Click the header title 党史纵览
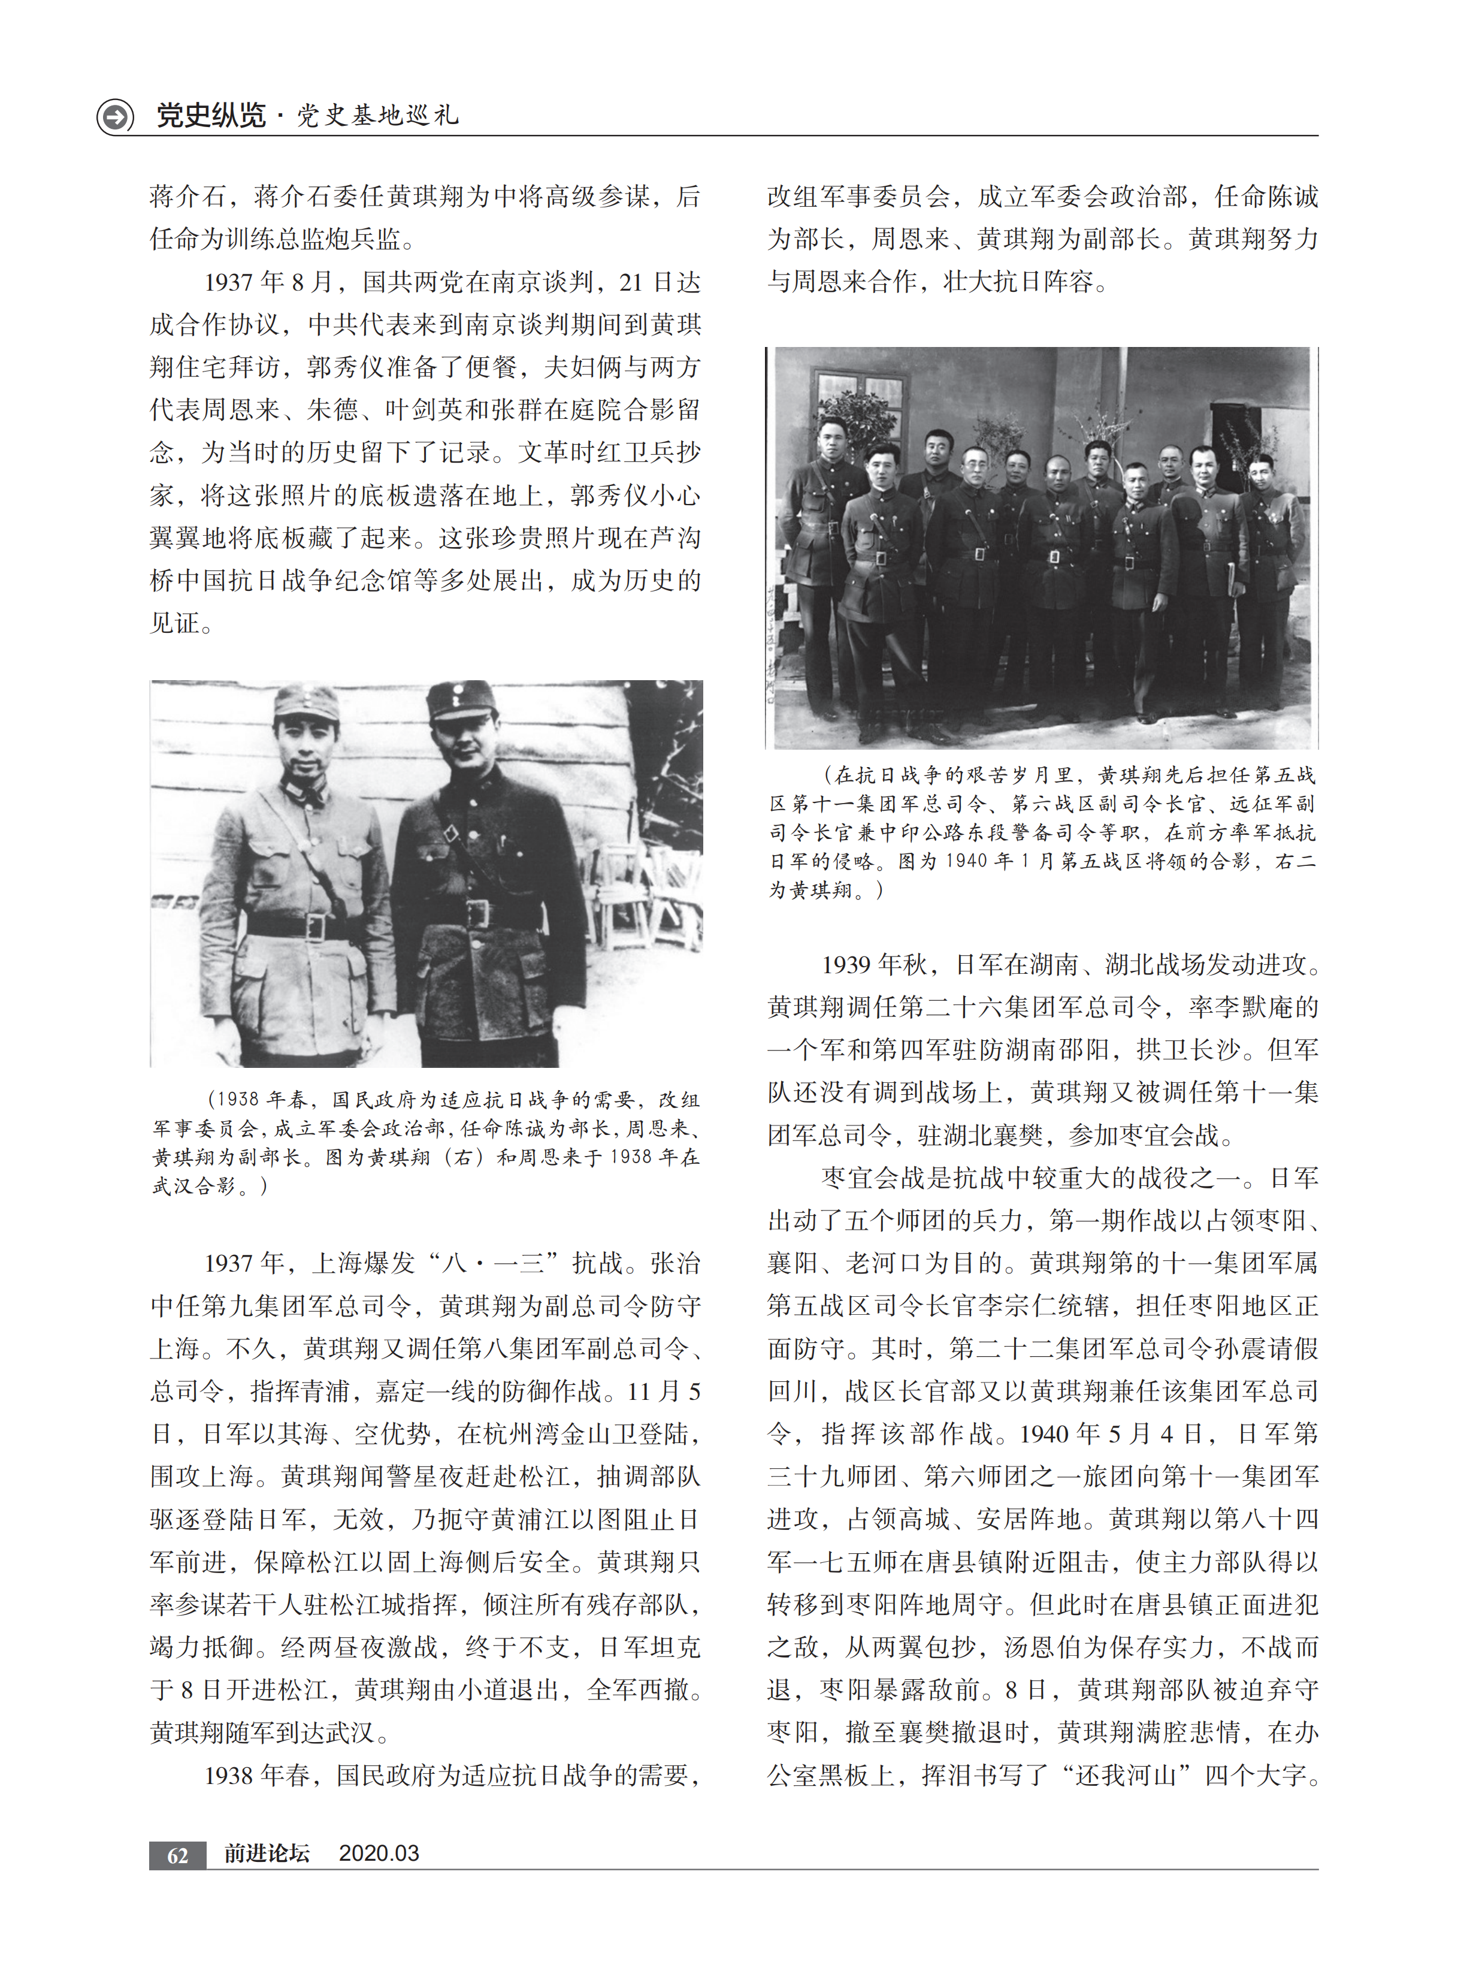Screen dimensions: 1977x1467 (x=210, y=116)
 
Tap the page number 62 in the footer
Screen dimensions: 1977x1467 (x=177, y=1854)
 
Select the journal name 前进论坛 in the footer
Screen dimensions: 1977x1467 (x=267, y=1853)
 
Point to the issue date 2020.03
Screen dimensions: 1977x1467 (x=379, y=1853)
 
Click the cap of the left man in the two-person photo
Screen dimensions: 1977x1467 (x=306, y=702)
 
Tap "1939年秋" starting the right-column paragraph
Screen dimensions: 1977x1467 (x=875, y=964)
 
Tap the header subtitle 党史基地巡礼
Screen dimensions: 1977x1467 (x=377, y=116)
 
